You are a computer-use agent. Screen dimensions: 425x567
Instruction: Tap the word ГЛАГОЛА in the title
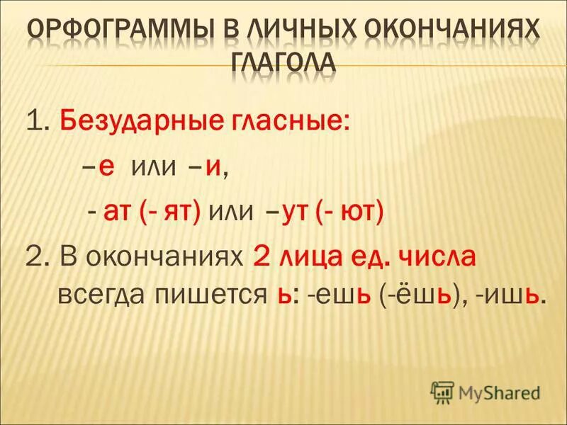point(283,62)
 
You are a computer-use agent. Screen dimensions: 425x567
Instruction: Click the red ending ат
point(116,212)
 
